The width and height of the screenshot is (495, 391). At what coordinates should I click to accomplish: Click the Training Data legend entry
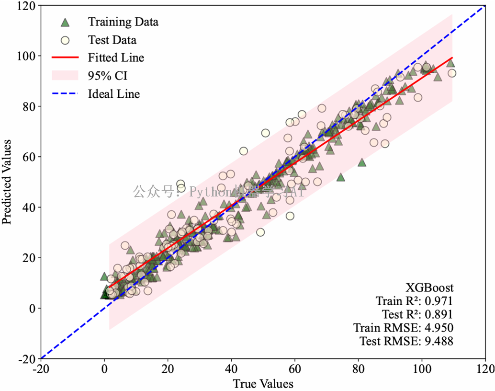tap(123, 22)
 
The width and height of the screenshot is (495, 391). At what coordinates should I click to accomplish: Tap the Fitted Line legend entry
tap(116, 58)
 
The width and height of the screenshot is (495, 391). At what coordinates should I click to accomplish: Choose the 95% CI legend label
tap(108, 76)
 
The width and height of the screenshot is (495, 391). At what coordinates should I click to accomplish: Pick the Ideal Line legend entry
tap(114, 94)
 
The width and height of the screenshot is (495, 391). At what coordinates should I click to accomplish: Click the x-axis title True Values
tap(263, 384)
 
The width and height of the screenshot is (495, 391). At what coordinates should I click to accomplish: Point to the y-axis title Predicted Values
tap(7, 181)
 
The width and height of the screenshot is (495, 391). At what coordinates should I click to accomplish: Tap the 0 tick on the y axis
tap(32, 308)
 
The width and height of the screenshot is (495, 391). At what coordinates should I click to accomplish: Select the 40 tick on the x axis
tap(232, 370)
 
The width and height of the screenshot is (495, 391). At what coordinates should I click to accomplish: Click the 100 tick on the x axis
tap(422, 370)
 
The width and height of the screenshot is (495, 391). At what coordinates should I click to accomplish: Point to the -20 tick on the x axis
tap(41, 370)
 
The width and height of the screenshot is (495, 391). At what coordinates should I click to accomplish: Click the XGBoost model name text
tap(429, 288)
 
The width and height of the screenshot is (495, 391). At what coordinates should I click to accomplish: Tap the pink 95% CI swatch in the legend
tap(64, 76)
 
